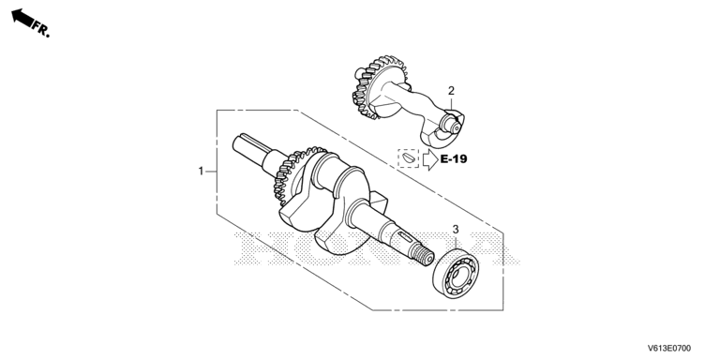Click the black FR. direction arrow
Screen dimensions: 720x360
tap(22, 18)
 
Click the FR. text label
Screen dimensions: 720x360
tap(41, 30)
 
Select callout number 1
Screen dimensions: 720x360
tap(201, 171)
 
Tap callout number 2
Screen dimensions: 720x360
tap(451, 91)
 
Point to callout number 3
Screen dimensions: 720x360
tap(456, 229)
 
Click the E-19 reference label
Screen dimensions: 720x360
tap(454, 159)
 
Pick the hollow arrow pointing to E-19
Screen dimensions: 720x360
tap(430, 159)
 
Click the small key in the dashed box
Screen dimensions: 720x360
tap(408, 158)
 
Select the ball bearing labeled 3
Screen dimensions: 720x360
tap(456, 273)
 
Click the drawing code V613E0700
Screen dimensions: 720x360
tap(669, 349)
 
